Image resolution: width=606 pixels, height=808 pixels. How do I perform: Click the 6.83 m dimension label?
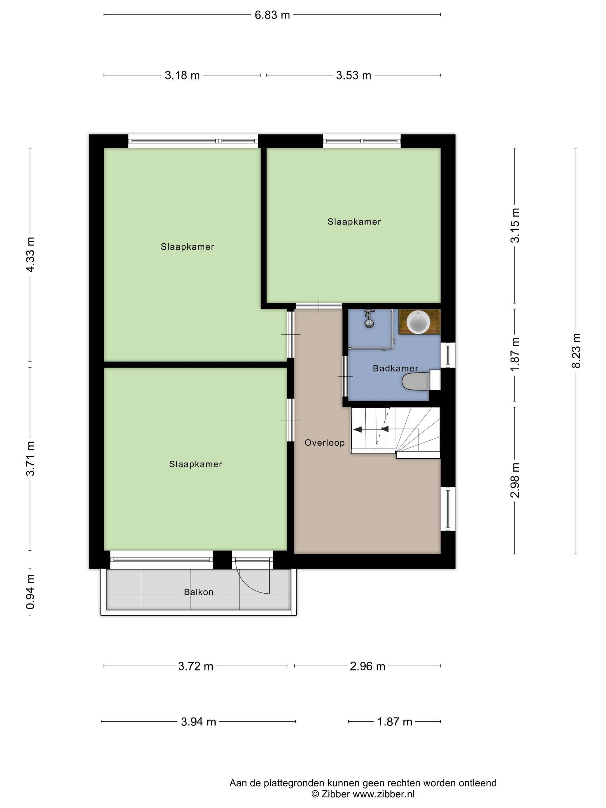pos(272,15)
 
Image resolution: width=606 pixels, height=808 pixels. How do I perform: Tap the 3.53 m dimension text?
pos(353,75)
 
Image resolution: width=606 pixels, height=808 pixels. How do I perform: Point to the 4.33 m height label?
pos(30,254)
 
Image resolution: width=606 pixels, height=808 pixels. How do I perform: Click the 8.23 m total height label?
pos(576,351)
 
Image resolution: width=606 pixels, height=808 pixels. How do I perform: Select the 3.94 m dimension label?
pos(198,722)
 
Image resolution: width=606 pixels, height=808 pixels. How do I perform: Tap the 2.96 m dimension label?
pos(367,666)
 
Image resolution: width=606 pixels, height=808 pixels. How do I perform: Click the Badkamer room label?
pos(395,368)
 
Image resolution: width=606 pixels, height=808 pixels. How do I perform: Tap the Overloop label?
pos(324,443)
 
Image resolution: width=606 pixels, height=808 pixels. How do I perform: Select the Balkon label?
pos(198,592)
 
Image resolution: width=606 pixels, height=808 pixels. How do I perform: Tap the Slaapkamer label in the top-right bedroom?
pos(354,222)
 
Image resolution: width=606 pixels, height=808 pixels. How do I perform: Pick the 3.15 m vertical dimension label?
pos(515,225)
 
